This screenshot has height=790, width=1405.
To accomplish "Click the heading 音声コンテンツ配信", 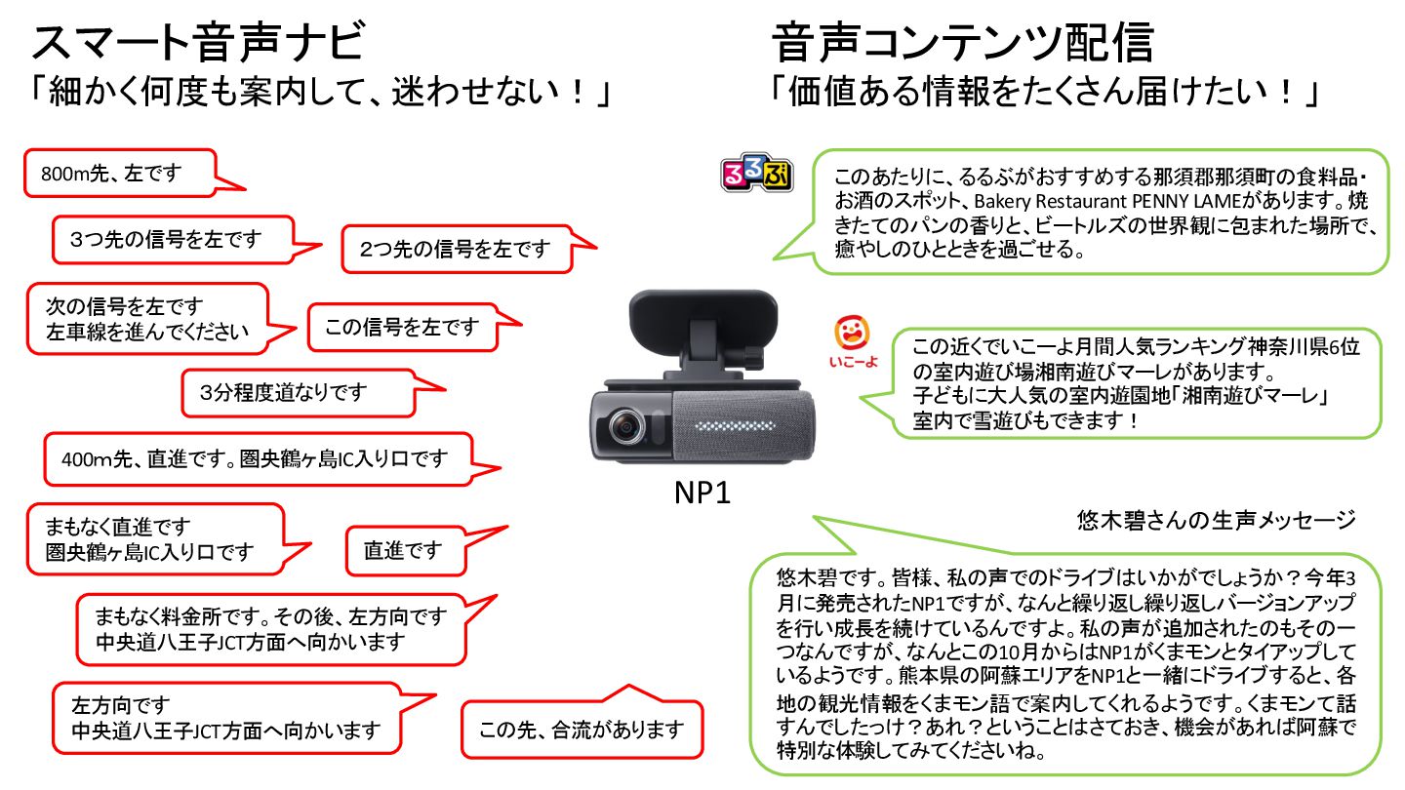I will click(x=963, y=43).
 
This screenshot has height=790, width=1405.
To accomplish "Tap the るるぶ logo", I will click(x=756, y=174).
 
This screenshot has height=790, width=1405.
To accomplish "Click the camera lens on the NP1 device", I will click(x=625, y=426).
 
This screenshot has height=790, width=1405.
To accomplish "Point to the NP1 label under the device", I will click(x=702, y=494).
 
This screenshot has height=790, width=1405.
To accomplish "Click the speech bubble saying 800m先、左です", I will click(x=111, y=174).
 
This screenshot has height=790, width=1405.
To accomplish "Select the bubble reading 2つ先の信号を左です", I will click(x=455, y=249).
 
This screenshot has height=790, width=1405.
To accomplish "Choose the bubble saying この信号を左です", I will click(x=402, y=327).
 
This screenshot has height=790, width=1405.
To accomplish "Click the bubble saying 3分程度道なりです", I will click(x=282, y=393).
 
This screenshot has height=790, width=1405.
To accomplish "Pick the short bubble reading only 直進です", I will click(x=402, y=551).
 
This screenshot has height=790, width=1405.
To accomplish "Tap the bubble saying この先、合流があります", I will click(x=581, y=729).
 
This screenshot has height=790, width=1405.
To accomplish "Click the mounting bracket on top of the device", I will click(x=702, y=327).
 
